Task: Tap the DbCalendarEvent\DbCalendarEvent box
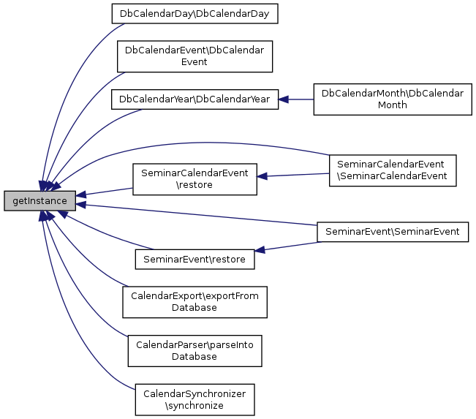194,56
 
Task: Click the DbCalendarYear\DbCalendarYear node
194,99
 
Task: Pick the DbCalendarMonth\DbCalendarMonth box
392,99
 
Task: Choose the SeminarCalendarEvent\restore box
194,179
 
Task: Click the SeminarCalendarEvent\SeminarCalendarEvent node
393,170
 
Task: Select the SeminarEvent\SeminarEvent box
392,232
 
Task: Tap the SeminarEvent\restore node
194,259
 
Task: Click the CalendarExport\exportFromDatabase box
194,301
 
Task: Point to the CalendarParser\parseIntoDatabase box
194,351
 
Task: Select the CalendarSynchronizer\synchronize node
194,399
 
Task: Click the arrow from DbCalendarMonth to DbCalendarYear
296,99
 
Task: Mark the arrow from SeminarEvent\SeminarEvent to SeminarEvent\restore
286,246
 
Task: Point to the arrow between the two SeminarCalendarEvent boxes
292,175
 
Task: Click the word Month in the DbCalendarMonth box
392,105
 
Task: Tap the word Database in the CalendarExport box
194,308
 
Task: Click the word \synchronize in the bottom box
194,406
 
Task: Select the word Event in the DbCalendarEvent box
194,62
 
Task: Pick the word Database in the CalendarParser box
194,357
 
